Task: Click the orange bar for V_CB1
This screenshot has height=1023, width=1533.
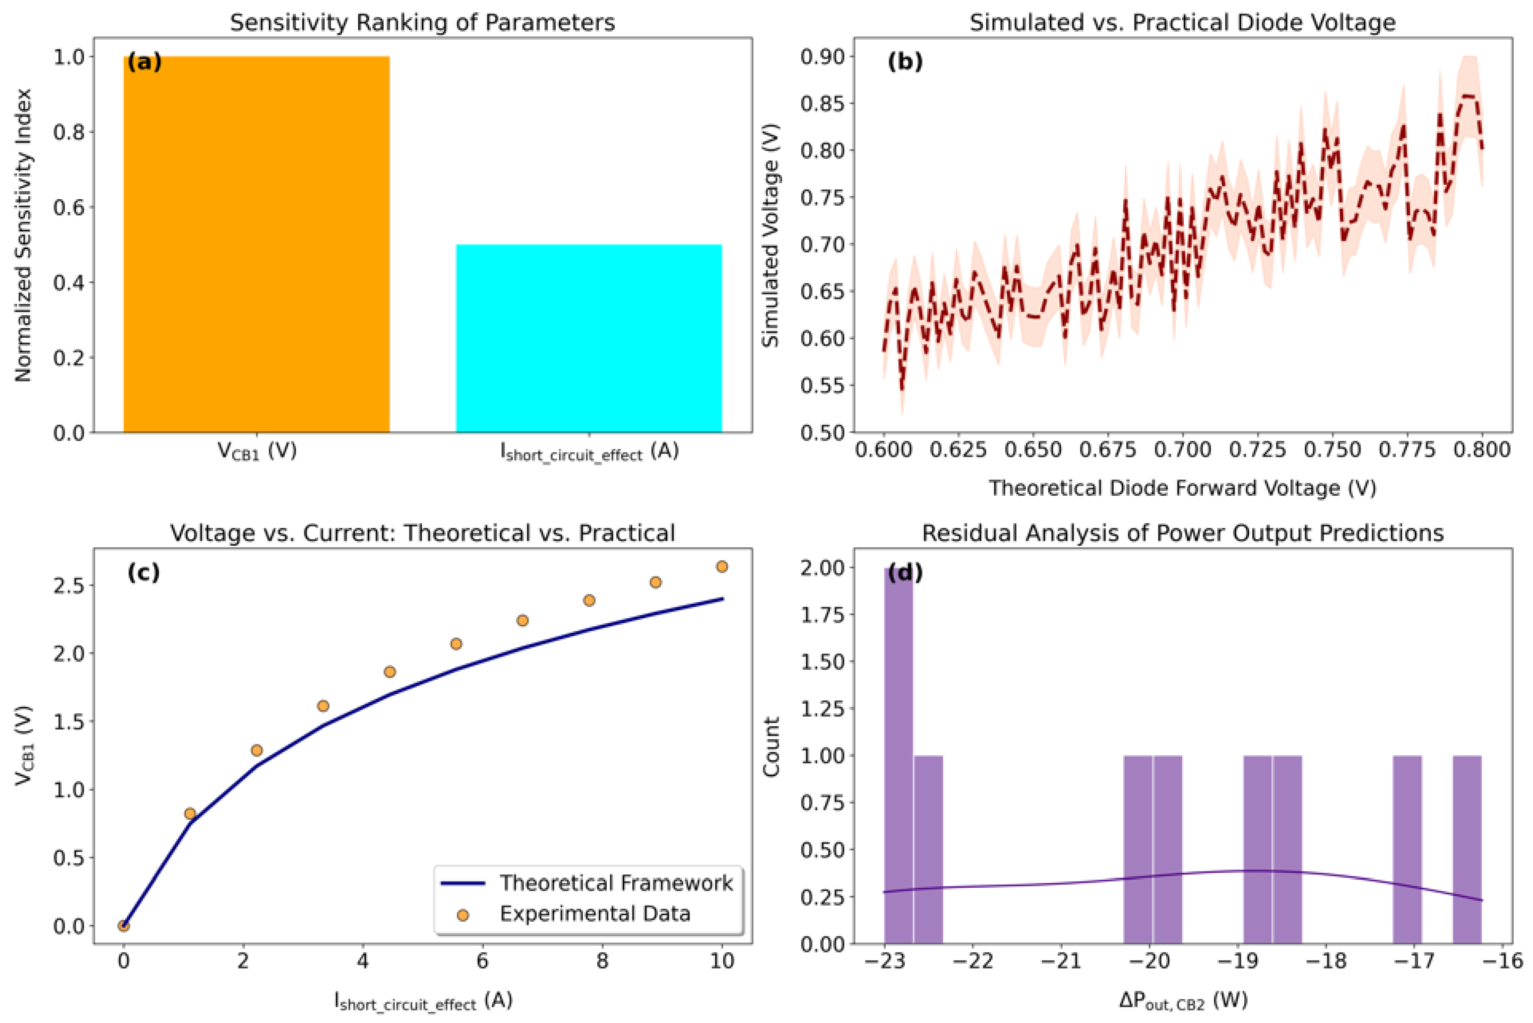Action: point(257,245)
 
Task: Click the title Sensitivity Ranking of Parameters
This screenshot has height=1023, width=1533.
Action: point(422,23)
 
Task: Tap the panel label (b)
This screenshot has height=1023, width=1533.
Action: point(905,62)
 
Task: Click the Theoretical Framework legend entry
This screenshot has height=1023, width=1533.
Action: point(616,883)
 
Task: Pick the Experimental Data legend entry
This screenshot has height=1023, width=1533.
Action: point(595,913)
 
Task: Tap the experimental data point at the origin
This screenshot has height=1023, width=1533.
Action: point(124,926)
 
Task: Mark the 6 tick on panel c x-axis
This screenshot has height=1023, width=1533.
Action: point(482,961)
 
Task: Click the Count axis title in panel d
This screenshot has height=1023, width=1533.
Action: point(772,747)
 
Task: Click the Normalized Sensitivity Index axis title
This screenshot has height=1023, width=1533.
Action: point(24,236)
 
